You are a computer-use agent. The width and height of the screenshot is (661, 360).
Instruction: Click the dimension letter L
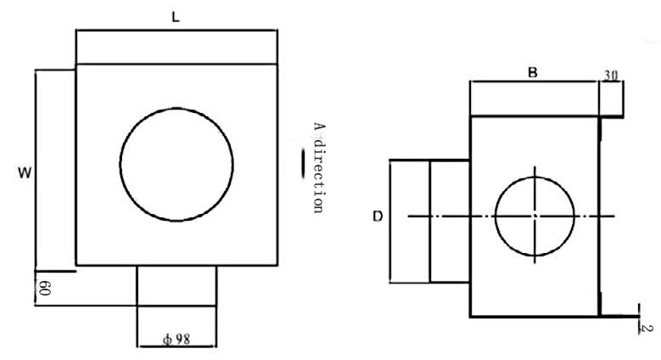tap(176, 17)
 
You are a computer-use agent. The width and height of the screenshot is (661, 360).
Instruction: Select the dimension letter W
tap(25, 172)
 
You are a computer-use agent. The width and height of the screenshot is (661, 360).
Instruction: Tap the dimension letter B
tap(533, 72)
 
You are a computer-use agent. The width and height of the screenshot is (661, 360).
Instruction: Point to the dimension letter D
tap(378, 217)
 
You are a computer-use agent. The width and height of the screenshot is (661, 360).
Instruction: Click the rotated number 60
tap(45, 289)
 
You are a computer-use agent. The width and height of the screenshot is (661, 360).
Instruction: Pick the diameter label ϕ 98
tap(176, 339)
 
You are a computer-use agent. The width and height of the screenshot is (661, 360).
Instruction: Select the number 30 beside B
tap(610, 76)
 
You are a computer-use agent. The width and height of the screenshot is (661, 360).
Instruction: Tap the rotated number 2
tap(648, 328)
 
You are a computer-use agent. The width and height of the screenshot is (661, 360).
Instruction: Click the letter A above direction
tap(319, 127)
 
